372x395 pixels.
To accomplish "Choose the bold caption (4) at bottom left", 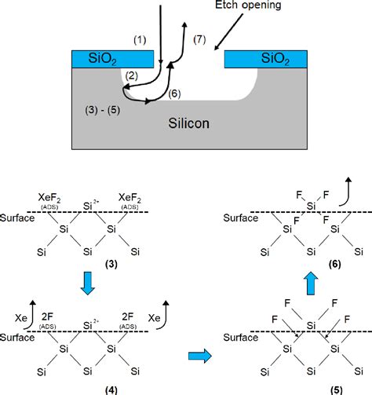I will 89,387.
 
